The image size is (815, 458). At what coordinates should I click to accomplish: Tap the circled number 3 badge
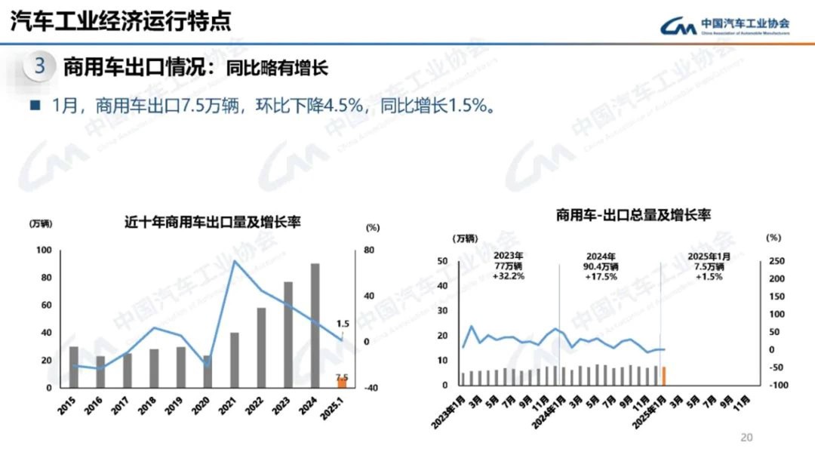pos(40,66)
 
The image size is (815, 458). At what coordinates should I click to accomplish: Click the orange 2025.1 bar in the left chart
pos(342,382)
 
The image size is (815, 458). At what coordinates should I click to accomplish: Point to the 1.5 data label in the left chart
pos(343,323)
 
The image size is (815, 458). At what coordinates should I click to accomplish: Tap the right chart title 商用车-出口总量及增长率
pos(633,215)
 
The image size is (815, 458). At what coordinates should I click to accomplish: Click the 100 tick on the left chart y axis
pos(45,251)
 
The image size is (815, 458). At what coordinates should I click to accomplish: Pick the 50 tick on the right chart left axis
pos(443,262)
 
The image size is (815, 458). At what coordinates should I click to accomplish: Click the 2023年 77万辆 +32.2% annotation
pos(508,266)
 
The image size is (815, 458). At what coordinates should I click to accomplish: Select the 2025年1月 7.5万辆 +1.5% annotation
pos(706,266)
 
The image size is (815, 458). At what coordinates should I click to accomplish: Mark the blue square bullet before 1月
pos(34,106)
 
